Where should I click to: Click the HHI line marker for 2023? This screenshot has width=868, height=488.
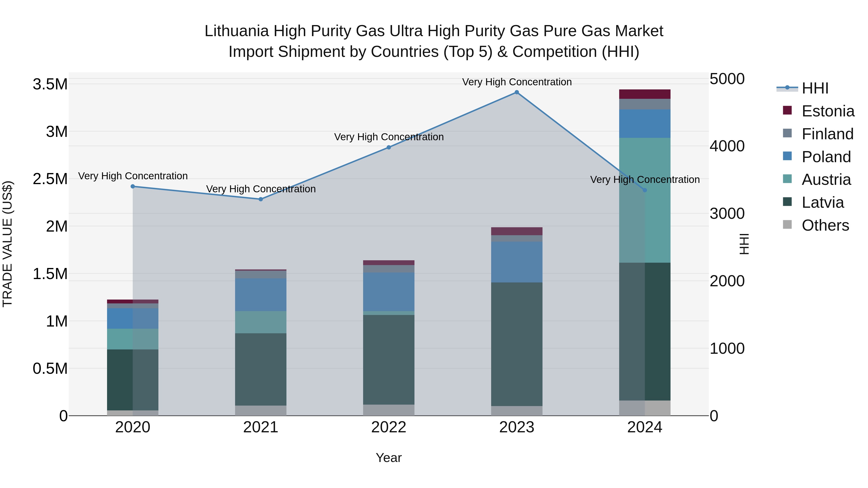[x=516, y=92]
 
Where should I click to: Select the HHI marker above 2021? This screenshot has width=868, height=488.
[x=260, y=199]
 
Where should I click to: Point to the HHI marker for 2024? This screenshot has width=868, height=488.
[x=644, y=190]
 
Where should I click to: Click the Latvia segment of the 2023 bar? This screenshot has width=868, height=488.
[x=516, y=343]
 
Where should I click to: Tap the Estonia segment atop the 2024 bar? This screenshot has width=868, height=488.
[x=644, y=94]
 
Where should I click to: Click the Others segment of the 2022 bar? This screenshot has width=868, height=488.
[x=388, y=410]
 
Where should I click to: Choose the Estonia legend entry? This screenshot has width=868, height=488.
[x=827, y=111]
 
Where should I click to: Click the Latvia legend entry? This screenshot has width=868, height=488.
[x=822, y=202]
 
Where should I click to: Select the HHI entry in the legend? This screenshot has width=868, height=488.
[x=815, y=88]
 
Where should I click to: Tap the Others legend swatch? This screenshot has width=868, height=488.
[x=787, y=225]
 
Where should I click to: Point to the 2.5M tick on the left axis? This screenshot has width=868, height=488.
[x=50, y=179]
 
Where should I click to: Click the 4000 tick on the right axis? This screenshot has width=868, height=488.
[x=727, y=146]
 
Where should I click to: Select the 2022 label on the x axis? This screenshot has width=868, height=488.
[x=388, y=427]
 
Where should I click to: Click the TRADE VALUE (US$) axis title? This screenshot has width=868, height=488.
[x=7, y=244]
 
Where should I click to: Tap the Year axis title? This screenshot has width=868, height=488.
[x=388, y=458]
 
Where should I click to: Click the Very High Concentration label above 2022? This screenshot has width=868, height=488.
[x=388, y=137]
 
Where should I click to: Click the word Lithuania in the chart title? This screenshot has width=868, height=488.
[x=237, y=31]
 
